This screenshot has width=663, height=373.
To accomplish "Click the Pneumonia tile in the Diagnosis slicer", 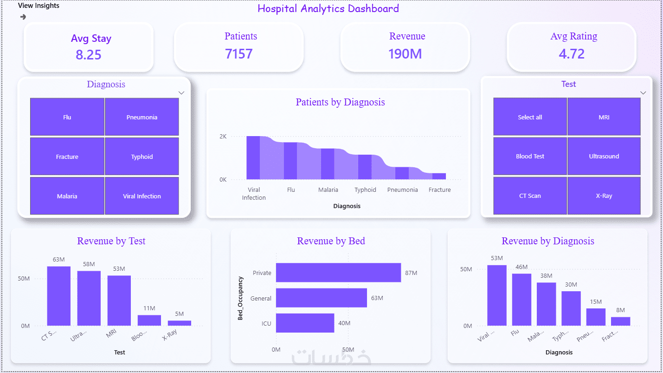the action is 142,117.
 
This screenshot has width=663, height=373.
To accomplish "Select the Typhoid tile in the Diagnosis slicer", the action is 142,157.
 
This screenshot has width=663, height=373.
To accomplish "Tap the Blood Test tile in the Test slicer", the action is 530,156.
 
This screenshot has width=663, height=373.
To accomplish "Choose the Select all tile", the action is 530,117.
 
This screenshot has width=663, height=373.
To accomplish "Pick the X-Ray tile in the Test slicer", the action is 604,196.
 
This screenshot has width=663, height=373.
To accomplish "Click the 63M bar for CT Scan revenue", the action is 58,296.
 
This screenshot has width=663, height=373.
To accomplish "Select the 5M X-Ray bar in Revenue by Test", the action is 180,323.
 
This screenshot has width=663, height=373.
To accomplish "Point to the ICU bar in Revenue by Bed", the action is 305,323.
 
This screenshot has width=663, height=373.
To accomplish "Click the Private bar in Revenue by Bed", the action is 338,273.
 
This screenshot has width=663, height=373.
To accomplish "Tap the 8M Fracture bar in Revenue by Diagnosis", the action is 620,321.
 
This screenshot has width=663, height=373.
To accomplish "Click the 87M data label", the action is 411,273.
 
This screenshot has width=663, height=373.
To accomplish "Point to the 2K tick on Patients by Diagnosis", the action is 223,136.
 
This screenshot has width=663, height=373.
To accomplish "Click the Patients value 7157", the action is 239,54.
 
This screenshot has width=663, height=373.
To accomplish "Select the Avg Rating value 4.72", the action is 572,54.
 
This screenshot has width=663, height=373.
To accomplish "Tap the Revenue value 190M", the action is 405,54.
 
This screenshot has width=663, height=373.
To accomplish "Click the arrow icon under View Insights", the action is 23,17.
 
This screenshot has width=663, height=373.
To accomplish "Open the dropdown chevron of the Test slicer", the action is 643,93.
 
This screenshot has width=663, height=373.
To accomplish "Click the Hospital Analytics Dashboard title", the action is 328,8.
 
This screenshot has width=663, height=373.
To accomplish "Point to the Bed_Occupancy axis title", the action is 240,298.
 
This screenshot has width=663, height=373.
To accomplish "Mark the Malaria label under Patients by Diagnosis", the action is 328,190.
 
